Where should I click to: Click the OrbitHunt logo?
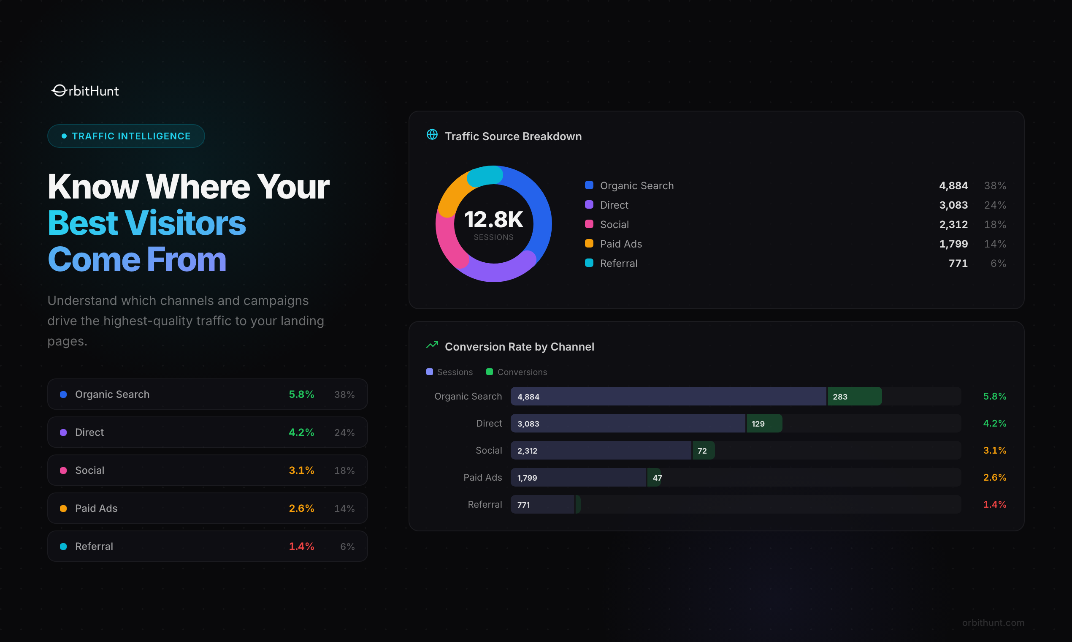point(85,91)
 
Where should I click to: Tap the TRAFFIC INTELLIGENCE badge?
point(126,136)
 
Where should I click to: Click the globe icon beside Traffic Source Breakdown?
point(432,135)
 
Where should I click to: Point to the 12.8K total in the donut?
point(493,220)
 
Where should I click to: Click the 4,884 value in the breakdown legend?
point(953,185)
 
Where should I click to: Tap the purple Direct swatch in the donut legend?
point(589,204)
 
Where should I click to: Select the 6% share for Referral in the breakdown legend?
point(998,264)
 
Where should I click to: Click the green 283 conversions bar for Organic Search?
point(854,396)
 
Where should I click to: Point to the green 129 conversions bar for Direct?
point(764,424)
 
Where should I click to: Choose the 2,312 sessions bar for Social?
point(601,450)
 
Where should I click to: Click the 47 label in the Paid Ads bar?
point(657,478)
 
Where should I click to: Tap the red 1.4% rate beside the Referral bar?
point(994,504)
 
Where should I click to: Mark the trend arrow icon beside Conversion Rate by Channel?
point(432,345)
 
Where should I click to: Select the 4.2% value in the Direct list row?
point(301,432)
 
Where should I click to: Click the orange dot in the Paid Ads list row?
point(63,509)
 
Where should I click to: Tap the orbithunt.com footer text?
point(993,623)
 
